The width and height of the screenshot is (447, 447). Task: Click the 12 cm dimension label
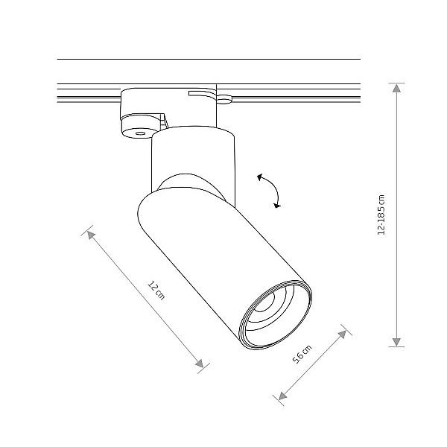pyautogui.click(x=156, y=291)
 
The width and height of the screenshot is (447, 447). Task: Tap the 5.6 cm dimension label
pyautogui.click(x=302, y=354)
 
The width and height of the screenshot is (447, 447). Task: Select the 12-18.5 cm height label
pyautogui.click(x=381, y=215)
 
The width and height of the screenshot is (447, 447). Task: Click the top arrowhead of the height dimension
pyautogui.click(x=396, y=88)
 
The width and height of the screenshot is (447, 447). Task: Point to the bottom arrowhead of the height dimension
pyautogui.click(x=396, y=342)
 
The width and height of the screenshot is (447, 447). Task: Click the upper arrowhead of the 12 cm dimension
pyautogui.click(x=91, y=235)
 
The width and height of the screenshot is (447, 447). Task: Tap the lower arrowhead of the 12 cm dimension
pyautogui.click(x=200, y=364)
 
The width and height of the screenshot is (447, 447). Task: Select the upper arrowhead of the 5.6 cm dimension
pyautogui.click(x=342, y=335)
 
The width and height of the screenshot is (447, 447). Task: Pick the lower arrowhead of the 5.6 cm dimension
pyautogui.click(x=282, y=396)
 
